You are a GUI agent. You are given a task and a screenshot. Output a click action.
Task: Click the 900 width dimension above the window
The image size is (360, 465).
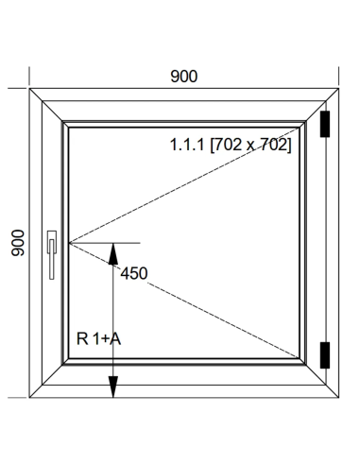tap(184, 77)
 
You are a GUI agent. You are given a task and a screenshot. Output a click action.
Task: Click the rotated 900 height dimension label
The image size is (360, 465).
tap(18, 243)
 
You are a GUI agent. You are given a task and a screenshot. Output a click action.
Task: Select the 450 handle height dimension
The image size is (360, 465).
tap(134, 273)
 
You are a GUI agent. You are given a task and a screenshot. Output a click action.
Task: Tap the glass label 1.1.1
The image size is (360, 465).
tap(187, 145)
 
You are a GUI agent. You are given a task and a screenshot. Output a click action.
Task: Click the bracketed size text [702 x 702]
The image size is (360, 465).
tap(250, 145)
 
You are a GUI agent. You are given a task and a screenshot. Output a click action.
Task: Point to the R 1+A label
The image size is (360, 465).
tap(98, 339)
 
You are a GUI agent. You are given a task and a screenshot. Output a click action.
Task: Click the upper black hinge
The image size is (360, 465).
tap(325, 124)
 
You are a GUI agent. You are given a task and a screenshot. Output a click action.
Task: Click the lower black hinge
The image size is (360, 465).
tap(325, 355)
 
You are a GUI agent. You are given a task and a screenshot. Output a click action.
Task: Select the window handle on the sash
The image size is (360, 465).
tap(52, 255)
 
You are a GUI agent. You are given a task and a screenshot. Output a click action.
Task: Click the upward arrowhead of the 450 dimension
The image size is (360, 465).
tap(113, 253)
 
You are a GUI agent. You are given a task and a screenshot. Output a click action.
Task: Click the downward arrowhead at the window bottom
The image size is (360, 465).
tap(113, 387)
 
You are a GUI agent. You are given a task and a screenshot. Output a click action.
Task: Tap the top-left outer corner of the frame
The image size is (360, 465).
tap(29, 89)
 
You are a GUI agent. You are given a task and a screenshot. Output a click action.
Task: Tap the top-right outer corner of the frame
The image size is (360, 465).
tap(338, 89)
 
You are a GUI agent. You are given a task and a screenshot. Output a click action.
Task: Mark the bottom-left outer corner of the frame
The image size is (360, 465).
tap(29, 398)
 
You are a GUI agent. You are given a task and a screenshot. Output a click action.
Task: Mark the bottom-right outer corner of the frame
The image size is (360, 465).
tap(338, 398)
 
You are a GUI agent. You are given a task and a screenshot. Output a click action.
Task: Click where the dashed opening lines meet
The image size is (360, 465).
tap(69, 243)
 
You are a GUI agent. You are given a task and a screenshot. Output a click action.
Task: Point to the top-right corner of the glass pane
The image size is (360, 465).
tap(299, 128)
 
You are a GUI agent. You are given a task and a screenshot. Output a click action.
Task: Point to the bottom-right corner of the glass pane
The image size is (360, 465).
tap(299, 358)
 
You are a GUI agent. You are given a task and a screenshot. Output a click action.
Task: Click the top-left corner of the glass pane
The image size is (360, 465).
tap(69, 128)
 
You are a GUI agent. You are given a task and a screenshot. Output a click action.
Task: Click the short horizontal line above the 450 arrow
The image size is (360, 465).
tap(105, 243)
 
